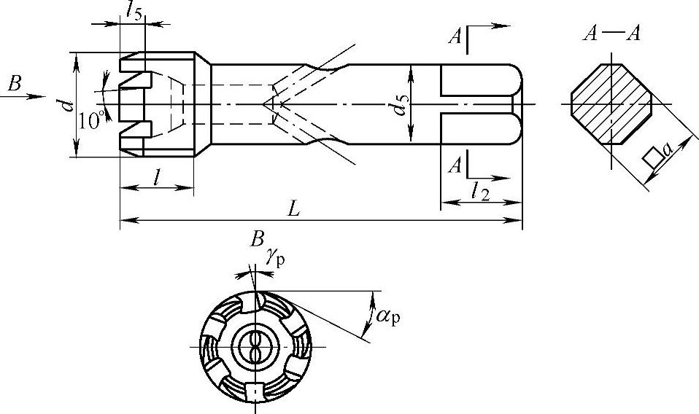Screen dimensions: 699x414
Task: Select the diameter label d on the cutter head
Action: coord(67,105)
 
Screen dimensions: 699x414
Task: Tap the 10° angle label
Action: coord(91,120)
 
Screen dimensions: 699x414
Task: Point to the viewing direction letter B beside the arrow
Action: coord(15,83)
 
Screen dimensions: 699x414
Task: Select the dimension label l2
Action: coord(481,192)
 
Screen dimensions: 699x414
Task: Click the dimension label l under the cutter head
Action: coord(156,177)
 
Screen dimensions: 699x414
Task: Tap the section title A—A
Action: coord(611,34)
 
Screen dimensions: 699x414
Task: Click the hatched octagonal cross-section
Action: coord(611,103)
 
